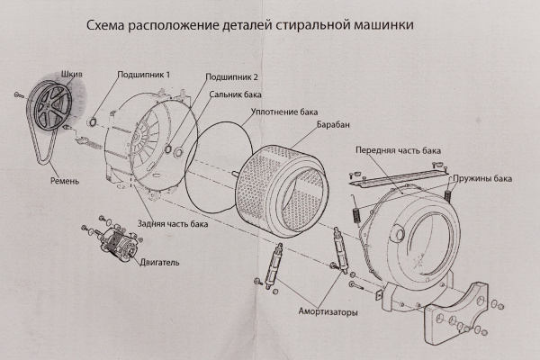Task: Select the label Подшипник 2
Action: [x=232, y=78]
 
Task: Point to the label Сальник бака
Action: [x=240, y=94]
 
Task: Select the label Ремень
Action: [x=65, y=181]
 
